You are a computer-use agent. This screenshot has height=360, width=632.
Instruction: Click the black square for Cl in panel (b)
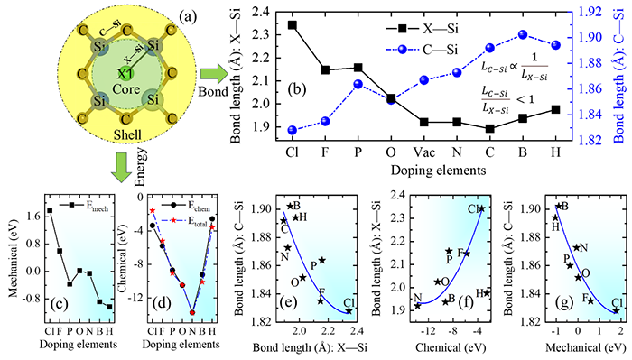coord(293,25)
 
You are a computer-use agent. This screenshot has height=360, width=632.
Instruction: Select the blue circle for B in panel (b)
coord(523,34)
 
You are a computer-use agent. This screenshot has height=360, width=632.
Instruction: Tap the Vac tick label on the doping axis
coord(424,152)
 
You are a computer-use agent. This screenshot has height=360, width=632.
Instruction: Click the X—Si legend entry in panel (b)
coord(422,29)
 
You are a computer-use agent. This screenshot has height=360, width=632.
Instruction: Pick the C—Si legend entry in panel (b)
coord(422,50)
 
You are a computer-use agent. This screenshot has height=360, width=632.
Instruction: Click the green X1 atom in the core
coord(125,74)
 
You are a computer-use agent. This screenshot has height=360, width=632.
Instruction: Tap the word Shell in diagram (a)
coord(127,134)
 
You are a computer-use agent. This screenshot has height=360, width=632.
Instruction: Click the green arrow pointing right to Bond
coord(214,75)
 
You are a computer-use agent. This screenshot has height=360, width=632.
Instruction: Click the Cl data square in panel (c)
coord(50,210)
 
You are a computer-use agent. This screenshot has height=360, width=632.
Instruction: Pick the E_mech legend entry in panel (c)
coord(84,206)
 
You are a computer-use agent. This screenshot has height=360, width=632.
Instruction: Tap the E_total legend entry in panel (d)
coord(187,220)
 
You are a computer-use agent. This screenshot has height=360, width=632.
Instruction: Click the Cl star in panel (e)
coord(349,311)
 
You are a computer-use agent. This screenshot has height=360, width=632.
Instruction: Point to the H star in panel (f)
coord(487,293)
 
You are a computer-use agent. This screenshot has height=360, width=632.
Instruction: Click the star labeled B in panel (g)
coord(559,207)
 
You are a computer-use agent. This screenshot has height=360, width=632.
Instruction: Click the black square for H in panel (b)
coord(556,109)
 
